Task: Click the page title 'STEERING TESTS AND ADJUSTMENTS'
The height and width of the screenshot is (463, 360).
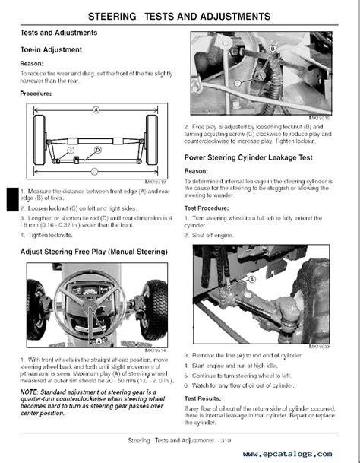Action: [181, 15]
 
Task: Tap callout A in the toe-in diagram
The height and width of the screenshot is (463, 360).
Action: [96, 109]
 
